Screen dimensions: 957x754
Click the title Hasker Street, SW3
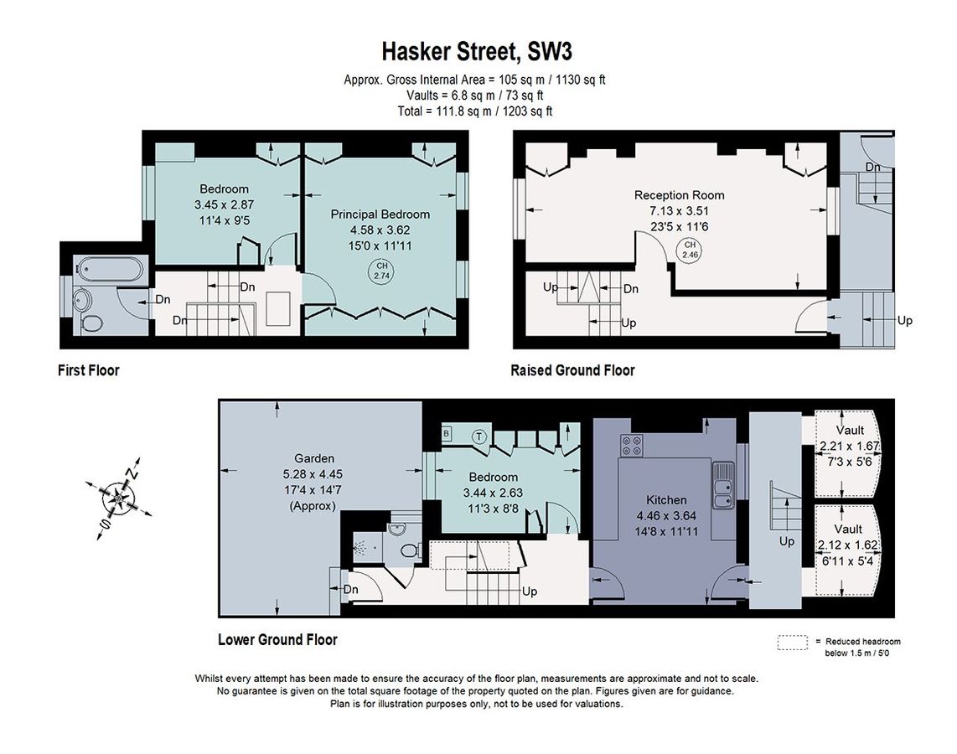click(x=477, y=52)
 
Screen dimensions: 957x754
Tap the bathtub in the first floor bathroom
click(x=110, y=269)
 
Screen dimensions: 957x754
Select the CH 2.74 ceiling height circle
click(x=381, y=271)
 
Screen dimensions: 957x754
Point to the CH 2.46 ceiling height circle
click(x=690, y=250)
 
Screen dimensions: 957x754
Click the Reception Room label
click(x=680, y=195)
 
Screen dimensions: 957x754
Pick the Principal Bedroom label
click(x=380, y=214)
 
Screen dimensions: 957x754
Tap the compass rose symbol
click(x=118, y=497)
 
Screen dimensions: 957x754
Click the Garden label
click(x=314, y=458)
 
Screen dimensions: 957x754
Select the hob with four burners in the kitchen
click(x=632, y=445)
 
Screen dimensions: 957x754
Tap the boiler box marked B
click(x=446, y=434)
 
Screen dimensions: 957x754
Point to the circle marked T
click(x=479, y=436)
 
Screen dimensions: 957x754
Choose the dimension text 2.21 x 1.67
click(x=850, y=446)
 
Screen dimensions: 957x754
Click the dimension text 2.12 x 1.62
click(x=848, y=545)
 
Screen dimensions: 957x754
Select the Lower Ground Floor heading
click(x=277, y=639)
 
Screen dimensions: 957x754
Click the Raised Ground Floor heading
click(x=572, y=370)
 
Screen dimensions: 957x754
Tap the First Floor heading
click(x=89, y=370)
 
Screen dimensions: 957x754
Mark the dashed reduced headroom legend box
click(x=792, y=643)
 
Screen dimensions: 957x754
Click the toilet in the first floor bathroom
click(x=91, y=323)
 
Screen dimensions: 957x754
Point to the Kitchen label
click(x=666, y=499)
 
